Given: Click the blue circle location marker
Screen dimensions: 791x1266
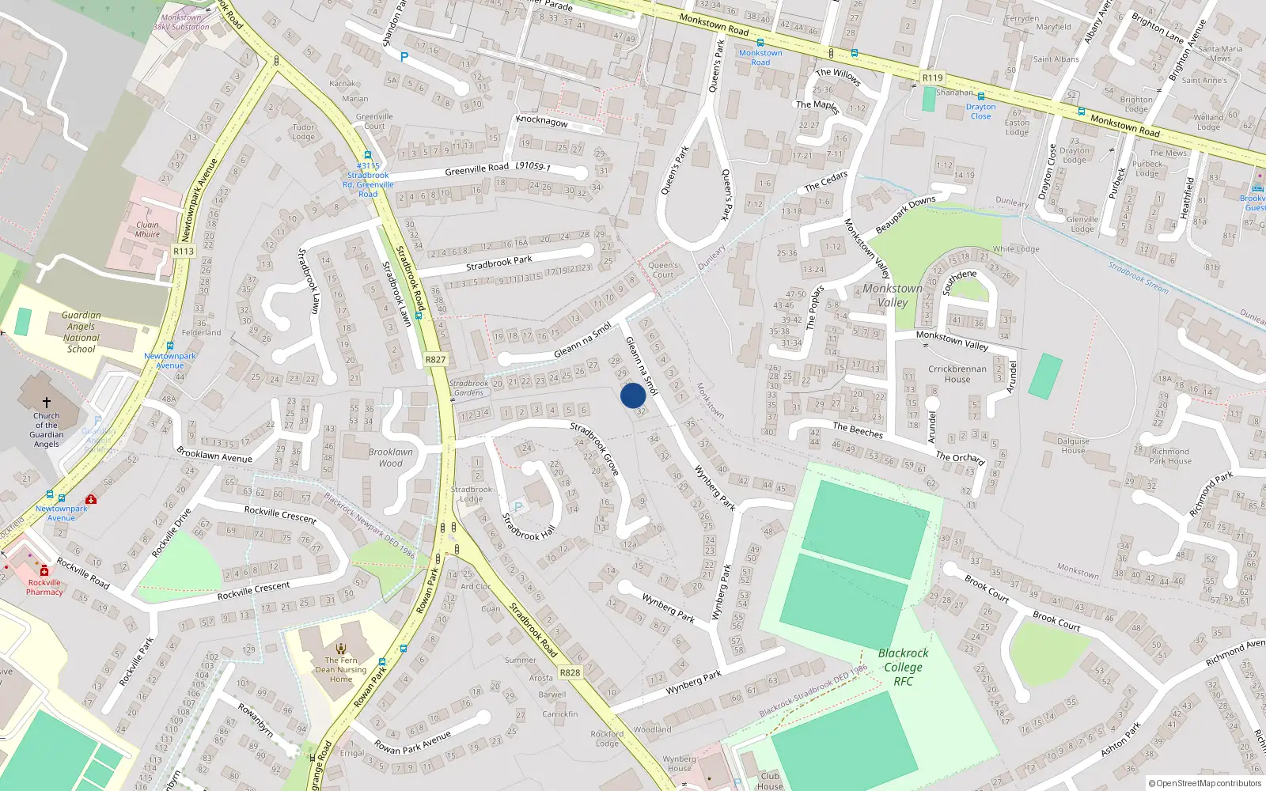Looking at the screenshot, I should (x=632, y=395).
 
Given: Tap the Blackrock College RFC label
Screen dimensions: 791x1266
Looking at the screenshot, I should (x=903, y=667).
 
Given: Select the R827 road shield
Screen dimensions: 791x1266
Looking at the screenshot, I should (x=435, y=359).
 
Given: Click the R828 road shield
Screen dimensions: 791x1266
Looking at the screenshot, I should (x=570, y=672).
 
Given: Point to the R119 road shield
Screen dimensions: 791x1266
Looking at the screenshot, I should (x=933, y=78).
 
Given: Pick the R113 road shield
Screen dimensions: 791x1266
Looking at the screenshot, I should (x=184, y=252).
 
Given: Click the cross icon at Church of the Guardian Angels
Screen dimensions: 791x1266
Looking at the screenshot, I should (x=47, y=403).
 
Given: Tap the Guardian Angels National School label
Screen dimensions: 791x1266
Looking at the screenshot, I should (x=81, y=331).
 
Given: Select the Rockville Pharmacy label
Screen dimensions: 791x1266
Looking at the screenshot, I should (x=44, y=587).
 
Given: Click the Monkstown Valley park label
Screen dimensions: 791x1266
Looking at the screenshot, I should (x=893, y=295).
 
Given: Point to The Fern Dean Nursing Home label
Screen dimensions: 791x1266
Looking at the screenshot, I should (x=341, y=669).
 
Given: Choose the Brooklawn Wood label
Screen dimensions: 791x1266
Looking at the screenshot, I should (x=390, y=457).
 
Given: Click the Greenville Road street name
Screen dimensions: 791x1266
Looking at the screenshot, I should (x=476, y=168).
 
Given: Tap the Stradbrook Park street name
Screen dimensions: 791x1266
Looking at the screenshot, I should (x=498, y=262).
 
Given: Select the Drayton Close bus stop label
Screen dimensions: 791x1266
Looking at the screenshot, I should (x=980, y=112).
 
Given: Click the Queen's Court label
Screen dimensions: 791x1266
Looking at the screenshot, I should (x=663, y=270).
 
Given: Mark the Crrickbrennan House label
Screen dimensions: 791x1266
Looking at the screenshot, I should (x=957, y=373).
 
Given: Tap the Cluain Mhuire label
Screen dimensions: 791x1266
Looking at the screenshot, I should (x=147, y=229).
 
